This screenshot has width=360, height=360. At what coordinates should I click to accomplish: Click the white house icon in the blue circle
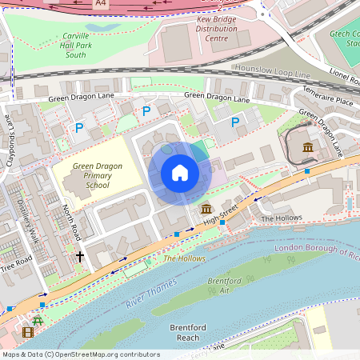tap(180, 173)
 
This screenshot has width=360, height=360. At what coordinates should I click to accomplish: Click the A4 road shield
tap(100, 4)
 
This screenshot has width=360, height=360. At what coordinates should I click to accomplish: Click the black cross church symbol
tap(79, 257)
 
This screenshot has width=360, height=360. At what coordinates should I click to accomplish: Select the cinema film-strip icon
tap(29, 332)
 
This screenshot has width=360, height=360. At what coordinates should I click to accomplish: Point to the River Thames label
tap(151, 294)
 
